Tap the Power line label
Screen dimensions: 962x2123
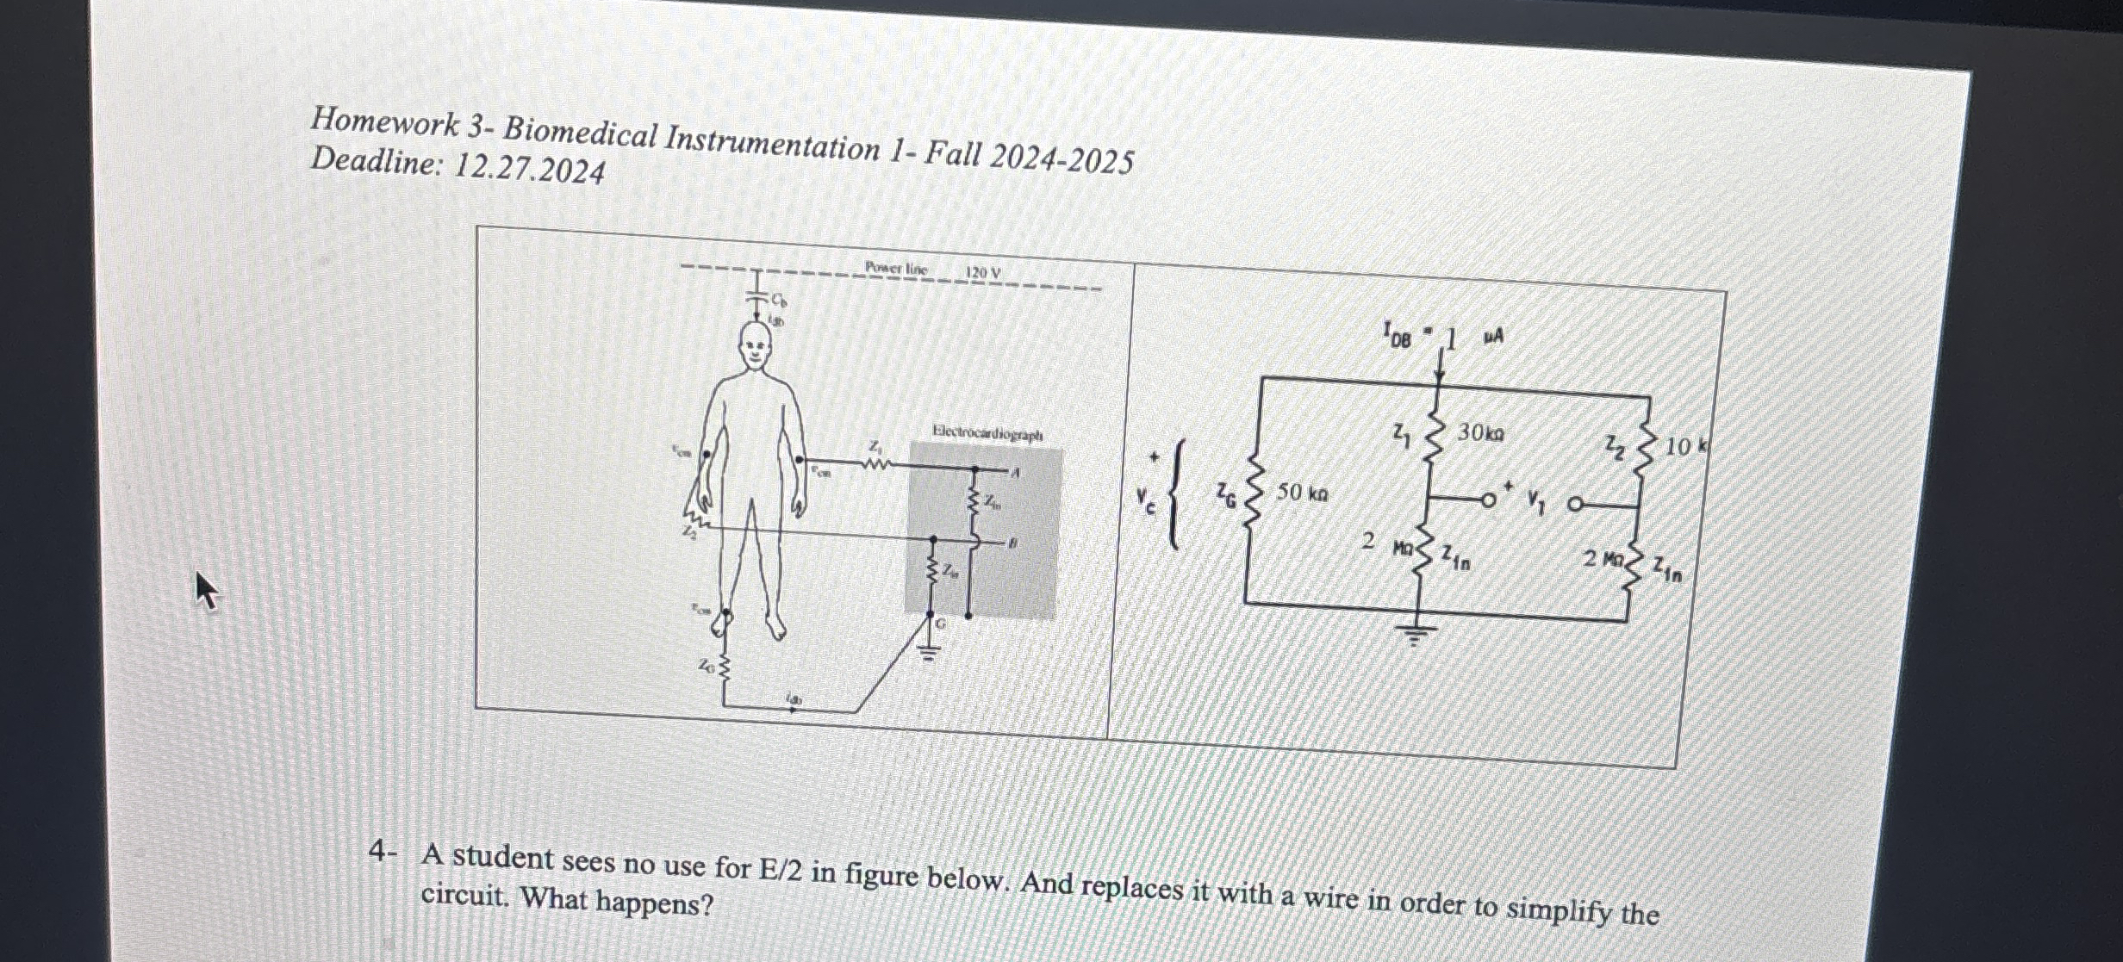pyautogui.click(x=896, y=269)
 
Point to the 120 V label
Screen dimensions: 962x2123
pyautogui.click(x=983, y=274)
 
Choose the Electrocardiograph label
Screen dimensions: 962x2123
pyautogui.click(x=987, y=433)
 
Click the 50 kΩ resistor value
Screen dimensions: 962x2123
pyautogui.click(x=1302, y=493)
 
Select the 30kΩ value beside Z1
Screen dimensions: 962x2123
pyautogui.click(x=1480, y=432)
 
